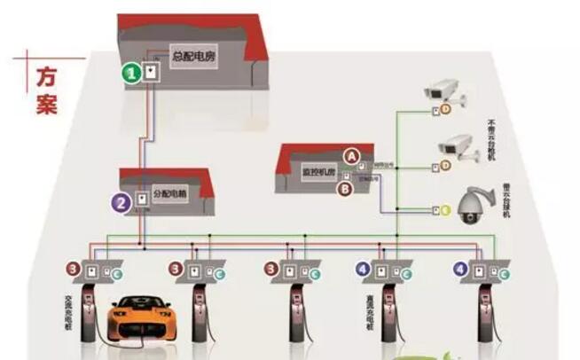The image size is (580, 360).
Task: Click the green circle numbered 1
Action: tap(130, 74)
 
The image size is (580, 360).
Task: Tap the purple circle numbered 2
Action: tap(121, 201)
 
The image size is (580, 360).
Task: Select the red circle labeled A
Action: tap(353, 155)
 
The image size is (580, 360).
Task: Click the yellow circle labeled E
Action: tap(446, 210)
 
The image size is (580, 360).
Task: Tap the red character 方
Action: tap(47, 77)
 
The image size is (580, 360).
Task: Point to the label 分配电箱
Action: tap(169, 192)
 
